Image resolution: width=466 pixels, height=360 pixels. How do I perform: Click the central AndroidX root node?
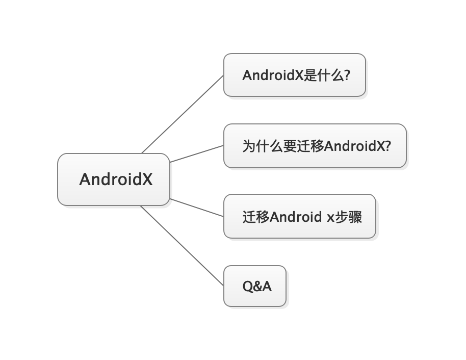click(113, 179)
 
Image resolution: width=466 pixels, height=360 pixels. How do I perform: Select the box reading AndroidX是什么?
click(295, 75)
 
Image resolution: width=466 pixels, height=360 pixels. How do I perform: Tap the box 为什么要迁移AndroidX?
click(315, 146)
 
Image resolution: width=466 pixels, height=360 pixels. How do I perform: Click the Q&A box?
click(255, 287)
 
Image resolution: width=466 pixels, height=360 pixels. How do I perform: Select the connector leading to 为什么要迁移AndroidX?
click(197, 153)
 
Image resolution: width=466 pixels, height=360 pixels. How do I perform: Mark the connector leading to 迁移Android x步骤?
click(197, 208)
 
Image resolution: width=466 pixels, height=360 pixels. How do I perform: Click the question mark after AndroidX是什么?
click(347, 75)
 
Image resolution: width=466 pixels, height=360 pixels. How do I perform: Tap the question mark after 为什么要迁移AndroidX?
click(387, 146)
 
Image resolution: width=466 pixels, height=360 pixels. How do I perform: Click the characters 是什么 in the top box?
click(324, 75)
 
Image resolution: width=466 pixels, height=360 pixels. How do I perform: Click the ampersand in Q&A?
click(256, 287)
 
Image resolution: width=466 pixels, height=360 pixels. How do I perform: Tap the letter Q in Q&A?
click(246, 287)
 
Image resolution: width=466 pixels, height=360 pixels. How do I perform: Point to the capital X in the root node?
click(146, 179)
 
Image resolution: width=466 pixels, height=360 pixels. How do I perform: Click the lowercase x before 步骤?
click(330, 218)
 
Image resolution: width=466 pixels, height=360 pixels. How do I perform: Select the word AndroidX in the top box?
click(273, 75)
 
